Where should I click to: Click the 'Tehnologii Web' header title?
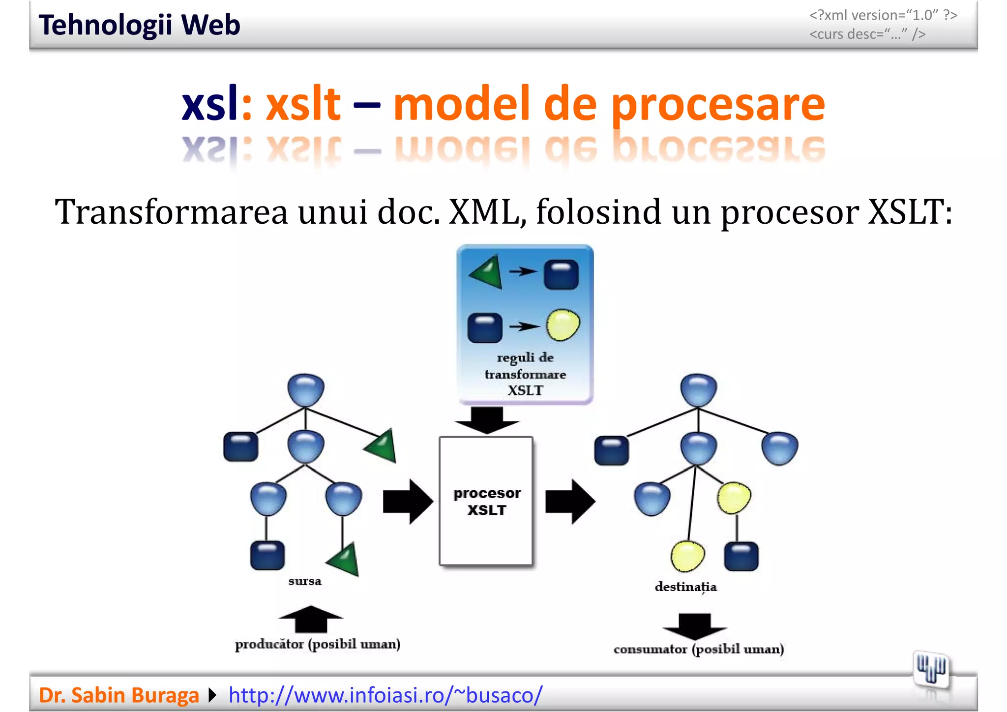click(x=139, y=25)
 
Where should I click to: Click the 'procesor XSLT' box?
click(x=486, y=501)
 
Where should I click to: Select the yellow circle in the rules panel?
click(x=563, y=325)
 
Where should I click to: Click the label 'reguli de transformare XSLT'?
click(x=525, y=374)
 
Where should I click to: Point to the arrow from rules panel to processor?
click(x=487, y=420)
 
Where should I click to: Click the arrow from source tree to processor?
click(x=407, y=502)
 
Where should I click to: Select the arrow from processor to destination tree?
click(x=570, y=502)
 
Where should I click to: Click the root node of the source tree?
click(x=306, y=389)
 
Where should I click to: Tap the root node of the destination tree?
click(x=698, y=389)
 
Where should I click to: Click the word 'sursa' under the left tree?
click(x=305, y=581)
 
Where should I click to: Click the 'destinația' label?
click(x=685, y=587)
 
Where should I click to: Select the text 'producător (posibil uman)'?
click(x=318, y=644)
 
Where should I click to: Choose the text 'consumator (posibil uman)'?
click(x=698, y=649)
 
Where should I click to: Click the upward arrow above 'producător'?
click(x=311, y=619)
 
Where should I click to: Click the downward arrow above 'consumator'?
click(x=694, y=626)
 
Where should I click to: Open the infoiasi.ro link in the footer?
click(x=385, y=695)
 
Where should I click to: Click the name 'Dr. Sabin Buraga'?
click(x=118, y=695)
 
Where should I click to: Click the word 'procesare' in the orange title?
click(x=718, y=104)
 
